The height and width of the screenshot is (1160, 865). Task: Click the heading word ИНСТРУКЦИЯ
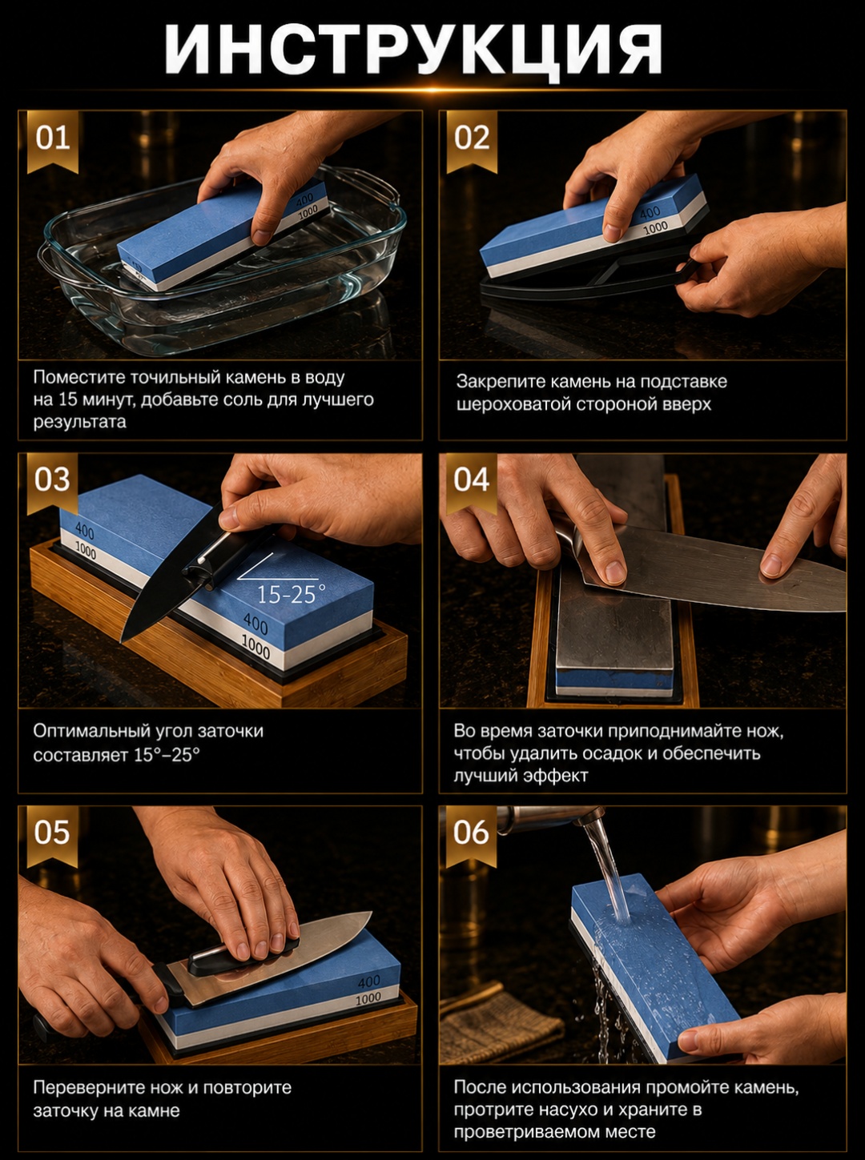[413, 49]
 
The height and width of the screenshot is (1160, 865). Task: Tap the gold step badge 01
[52, 141]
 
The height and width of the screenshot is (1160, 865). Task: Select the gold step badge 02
[472, 141]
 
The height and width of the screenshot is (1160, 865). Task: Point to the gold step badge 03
[52, 483]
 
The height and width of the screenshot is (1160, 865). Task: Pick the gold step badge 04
[472, 483]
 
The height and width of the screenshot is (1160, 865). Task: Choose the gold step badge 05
[52, 836]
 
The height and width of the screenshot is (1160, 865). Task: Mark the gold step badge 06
[472, 836]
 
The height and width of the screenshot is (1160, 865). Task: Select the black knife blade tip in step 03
[123, 640]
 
